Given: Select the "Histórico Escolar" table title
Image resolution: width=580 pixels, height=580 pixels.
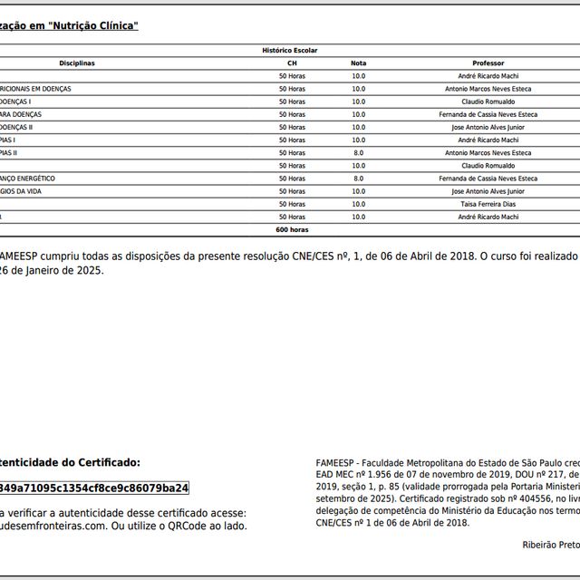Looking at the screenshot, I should pos(290,51).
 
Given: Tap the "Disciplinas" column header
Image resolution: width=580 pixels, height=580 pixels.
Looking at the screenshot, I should pos(77,63).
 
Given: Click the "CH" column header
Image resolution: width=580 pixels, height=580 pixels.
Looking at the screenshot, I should pos(292,63).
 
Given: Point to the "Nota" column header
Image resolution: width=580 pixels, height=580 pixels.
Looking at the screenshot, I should pos(359,63).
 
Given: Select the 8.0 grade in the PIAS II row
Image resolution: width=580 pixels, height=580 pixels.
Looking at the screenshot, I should pos(359,153).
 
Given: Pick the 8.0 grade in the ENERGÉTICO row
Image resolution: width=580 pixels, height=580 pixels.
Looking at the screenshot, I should pos(359,179).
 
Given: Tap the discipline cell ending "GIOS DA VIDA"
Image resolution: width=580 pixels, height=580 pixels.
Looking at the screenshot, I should pos(33,192).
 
